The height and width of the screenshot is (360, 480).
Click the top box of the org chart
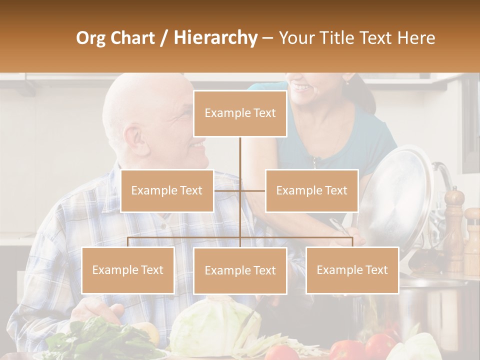(240, 113)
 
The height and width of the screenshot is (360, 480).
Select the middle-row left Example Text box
(167, 190)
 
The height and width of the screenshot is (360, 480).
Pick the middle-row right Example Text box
(311, 190)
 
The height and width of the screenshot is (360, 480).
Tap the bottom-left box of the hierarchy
(128, 270)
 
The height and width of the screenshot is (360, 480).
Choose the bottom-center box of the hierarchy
(240, 270)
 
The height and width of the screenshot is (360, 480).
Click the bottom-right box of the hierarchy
(352, 270)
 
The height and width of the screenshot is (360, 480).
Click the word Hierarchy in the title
(215, 38)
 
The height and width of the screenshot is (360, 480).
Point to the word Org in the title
(93, 38)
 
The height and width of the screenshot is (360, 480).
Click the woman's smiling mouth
(301, 87)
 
